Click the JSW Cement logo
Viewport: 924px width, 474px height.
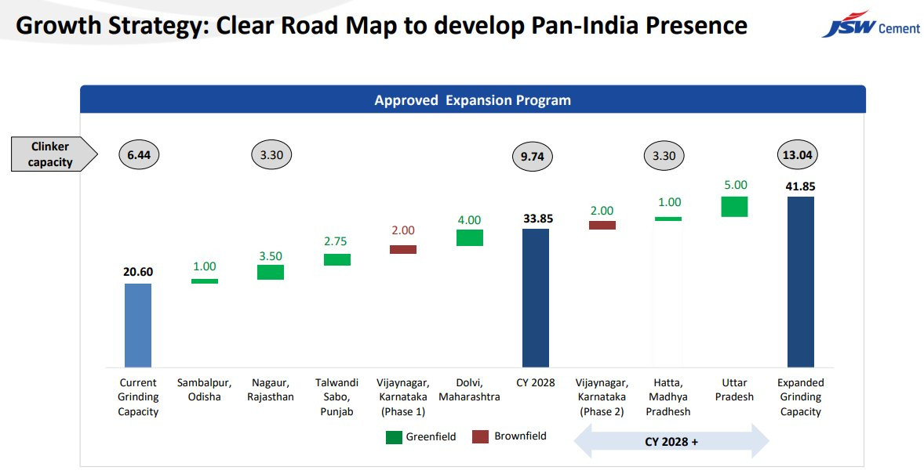871,25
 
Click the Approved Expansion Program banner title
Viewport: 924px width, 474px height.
473,100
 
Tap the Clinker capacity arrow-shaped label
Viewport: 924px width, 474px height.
54,154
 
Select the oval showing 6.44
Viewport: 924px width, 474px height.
139,155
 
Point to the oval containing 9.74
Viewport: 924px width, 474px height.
532,156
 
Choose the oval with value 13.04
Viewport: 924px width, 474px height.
797,155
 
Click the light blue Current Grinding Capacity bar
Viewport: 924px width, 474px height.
138,326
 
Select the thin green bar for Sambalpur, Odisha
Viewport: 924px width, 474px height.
205,281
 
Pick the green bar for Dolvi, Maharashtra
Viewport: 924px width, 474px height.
470,238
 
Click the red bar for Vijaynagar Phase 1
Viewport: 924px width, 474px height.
403,250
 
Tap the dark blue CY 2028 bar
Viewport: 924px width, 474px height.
536,298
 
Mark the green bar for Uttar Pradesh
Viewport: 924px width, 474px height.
734,207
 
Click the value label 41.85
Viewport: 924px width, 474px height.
800,186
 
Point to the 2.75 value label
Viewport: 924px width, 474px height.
335,241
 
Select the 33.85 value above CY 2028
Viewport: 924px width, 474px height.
538,219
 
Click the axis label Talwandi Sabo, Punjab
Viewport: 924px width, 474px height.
336,397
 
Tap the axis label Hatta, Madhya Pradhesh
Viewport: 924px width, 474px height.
668,397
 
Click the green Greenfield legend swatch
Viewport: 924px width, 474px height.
394,437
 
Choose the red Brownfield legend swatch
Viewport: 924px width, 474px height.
480,437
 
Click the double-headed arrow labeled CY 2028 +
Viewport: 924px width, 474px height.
671,441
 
